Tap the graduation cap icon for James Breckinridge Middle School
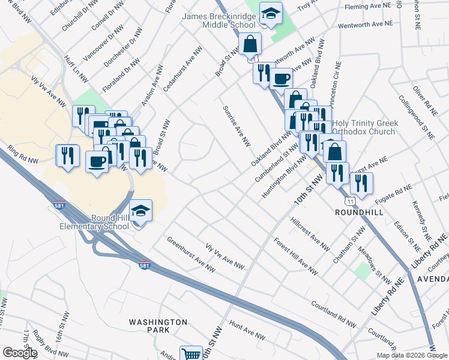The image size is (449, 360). [271, 14]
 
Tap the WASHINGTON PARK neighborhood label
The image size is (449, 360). [158, 326]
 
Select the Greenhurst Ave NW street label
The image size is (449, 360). [191, 256]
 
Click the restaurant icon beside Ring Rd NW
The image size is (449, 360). [67, 156]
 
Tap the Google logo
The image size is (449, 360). [19, 353]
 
